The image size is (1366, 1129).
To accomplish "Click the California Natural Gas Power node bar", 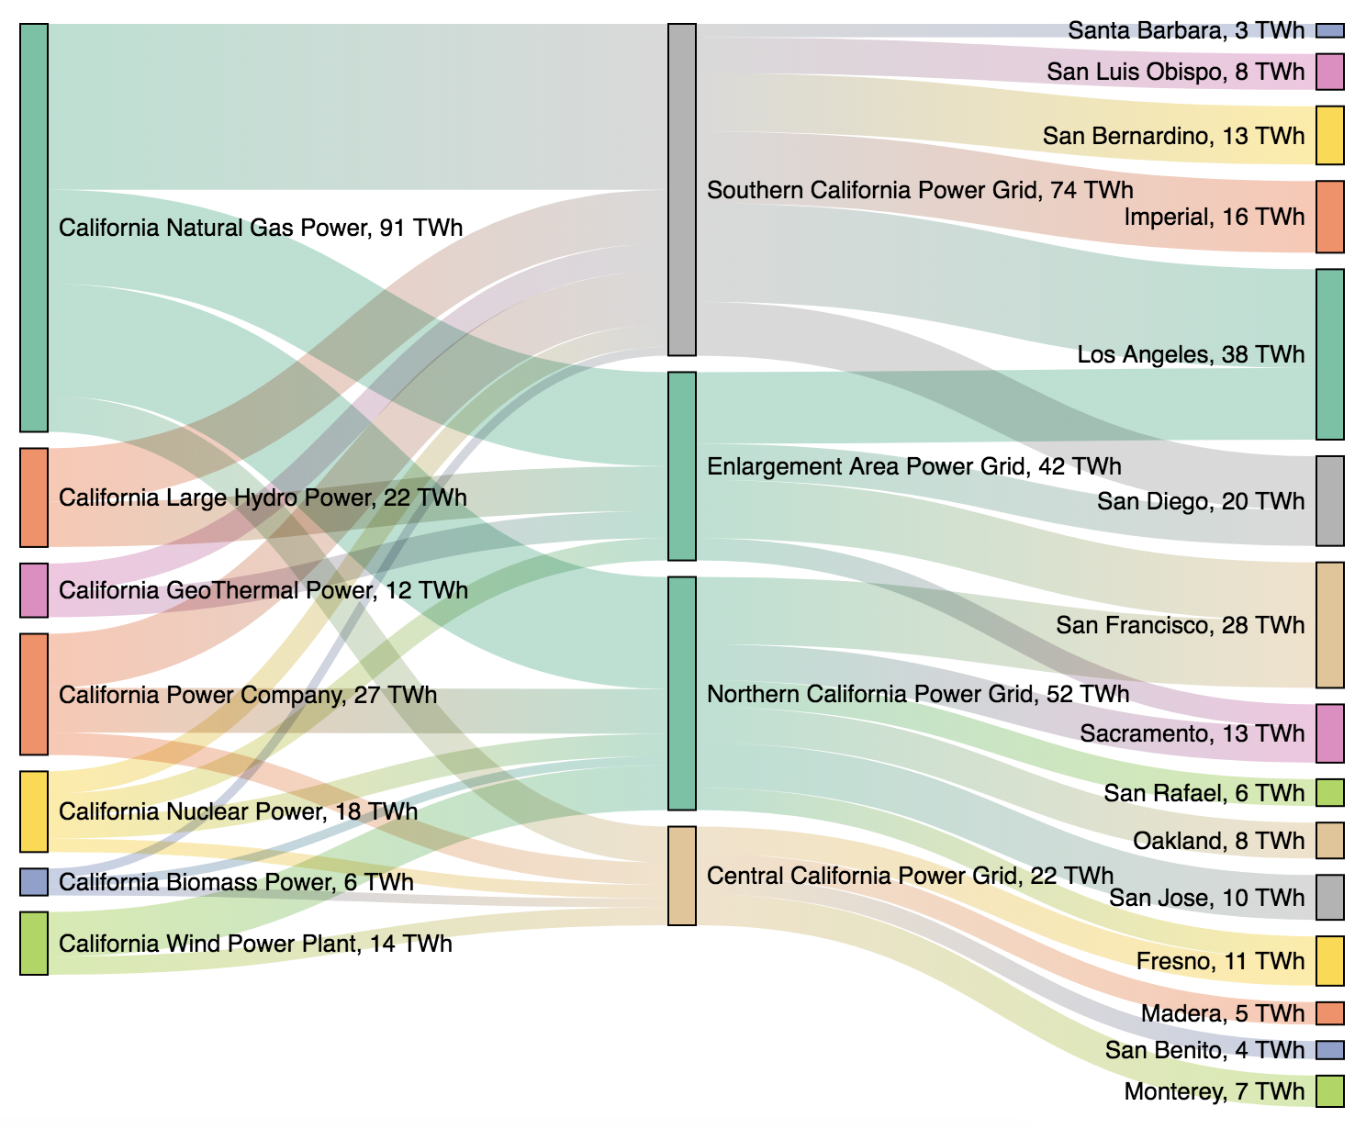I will pyautogui.click(x=34, y=228).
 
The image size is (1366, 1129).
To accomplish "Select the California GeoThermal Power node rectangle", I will pyautogui.click(x=34, y=590).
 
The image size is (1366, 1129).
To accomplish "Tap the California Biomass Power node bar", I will pyautogui.click(x=34, y=882).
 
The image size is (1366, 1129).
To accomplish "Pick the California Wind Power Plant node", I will pyautogui.click(x=34, y=943).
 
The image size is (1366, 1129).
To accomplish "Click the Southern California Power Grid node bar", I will pyautogui.click(x=682, y=190).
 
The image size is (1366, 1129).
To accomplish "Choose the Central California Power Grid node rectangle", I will pyautogui.click(x=682, y=876).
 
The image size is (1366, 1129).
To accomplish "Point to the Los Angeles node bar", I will pyautogui.click(x=1330, y=354).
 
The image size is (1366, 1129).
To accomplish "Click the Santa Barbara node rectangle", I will pyautogui.click(x=1330, y=30).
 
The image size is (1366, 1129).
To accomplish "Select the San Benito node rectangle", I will pyautogui.click(x=1330, y=1050).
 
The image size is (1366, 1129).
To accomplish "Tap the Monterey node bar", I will pyautogui.click(x=1330, y=1091).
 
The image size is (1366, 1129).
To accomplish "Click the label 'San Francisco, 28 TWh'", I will pyautogui.click(x=1180, y=626).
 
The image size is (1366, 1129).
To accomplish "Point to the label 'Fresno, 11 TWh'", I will pyautogui.click(x=1220, y=961).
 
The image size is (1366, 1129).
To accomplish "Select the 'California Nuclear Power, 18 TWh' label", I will pyautogui.click(x=238, y=811).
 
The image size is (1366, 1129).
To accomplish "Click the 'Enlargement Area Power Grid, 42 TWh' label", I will pyautogui.click(x=914, y=466).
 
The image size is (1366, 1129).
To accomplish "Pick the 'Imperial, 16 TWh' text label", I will pyautogui.click(x=1215, y=217).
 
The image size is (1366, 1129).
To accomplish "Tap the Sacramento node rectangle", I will pyautogui.click(x=1330, y=733).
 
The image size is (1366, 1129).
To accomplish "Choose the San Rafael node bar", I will pyautogui.click(x=1330, y=792).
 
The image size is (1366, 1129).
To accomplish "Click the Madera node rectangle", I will pyautogui.click(x=1330, y=1013).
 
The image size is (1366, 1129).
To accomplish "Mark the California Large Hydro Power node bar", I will pyautogui.click(x=34, y=497).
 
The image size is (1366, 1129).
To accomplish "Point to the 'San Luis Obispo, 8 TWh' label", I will pyautogui.click(x=1175, y=72).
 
